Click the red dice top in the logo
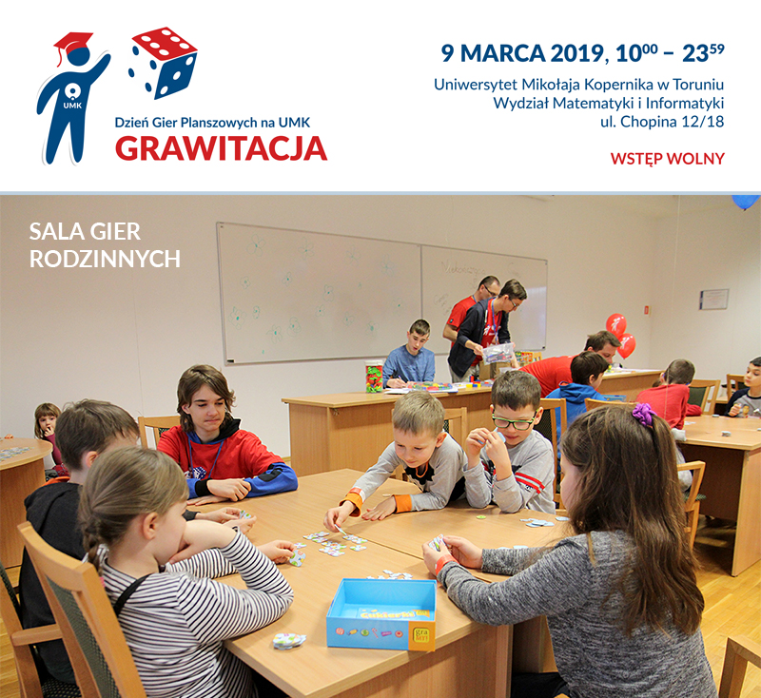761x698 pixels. click(x=164, y=43)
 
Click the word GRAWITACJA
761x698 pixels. click(x=222, y=148)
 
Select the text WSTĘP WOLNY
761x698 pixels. click(x=668, y=159)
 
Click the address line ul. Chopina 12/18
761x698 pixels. click(x=662, y=122)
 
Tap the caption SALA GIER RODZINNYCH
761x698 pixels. click(x=105, y=245)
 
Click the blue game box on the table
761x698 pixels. click(x=381, y=613)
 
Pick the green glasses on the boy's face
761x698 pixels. click(x=513, y=422)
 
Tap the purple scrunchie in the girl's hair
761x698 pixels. click(x=644, y=415)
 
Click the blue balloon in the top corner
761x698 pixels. click(x=746, y=202)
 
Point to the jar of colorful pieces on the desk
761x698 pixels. click(x=374, y=376)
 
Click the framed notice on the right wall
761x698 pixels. click(x=714, y=299)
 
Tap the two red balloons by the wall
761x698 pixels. click(x=621, y=335)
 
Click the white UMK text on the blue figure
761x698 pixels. click(x=72, y=106)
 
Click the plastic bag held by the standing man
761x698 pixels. click(x=498, y=354)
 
